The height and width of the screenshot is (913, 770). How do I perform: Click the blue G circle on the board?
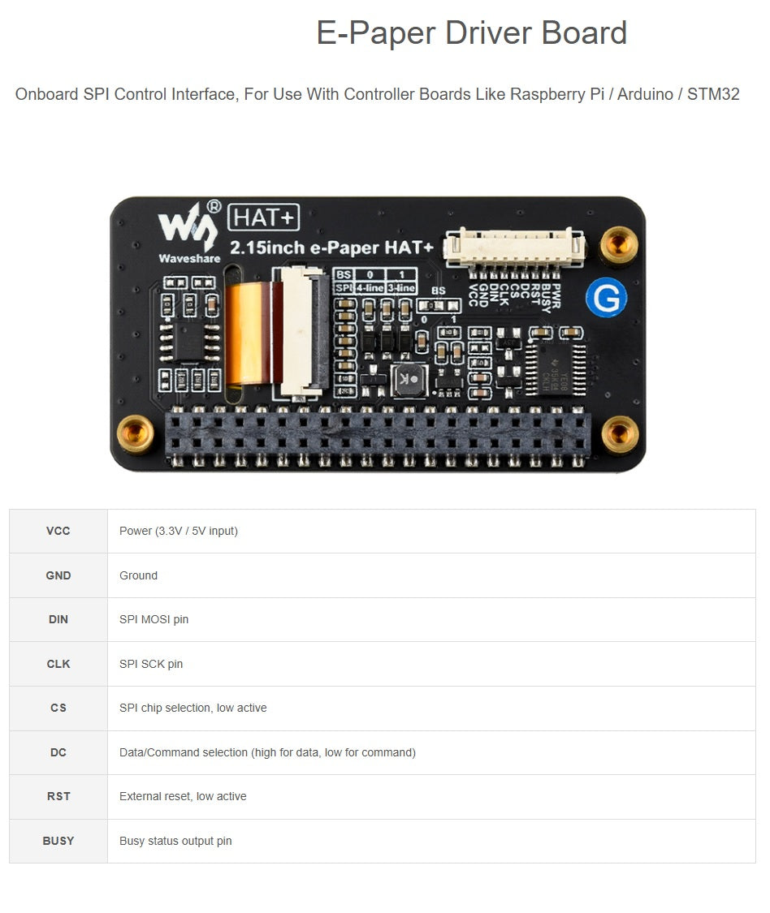point(607,298)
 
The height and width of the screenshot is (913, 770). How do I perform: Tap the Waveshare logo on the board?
point(188,230)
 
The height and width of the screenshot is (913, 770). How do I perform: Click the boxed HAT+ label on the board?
point(265,217)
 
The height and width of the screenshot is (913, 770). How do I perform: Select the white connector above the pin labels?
point(513,244)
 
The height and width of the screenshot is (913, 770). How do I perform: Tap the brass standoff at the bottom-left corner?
point(136,433)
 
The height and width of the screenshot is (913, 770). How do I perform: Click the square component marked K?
point(408,380)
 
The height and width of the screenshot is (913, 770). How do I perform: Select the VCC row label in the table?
point(58,531)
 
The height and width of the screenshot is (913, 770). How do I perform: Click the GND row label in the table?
point(58,575)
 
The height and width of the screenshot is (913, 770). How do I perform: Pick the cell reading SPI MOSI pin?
point(154,619)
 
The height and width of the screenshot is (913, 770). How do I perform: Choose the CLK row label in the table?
point(58,664)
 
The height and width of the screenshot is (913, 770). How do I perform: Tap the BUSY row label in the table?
point(58,841)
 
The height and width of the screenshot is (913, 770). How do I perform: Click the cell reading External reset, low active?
point(183,796)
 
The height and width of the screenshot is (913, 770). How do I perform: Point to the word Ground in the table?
point(138,575)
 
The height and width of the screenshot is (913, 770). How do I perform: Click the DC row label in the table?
point(58,752)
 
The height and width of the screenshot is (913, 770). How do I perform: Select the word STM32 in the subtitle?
point(713,94)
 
